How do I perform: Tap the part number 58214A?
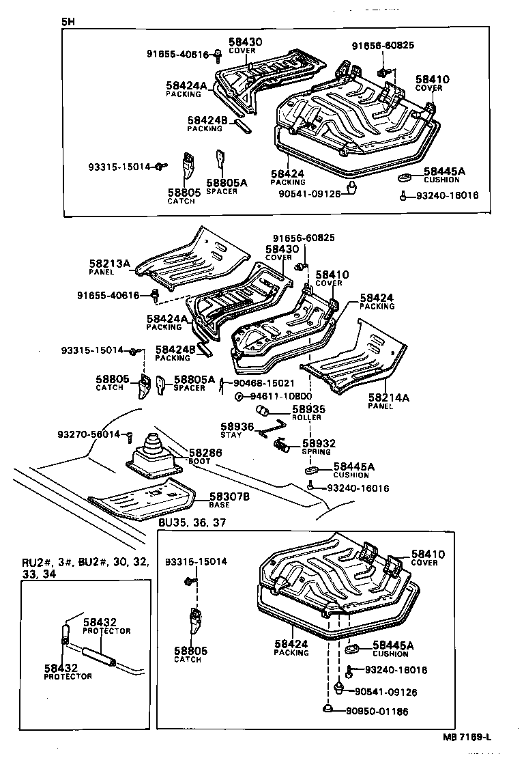click(388, 397)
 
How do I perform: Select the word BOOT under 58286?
click(199, 461)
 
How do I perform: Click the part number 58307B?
click(229, 497)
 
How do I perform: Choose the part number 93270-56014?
click(88, 434)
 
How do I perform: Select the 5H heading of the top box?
click(67, 21)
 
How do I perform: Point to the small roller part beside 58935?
click(262, 410)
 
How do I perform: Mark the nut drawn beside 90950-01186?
click(329, 710)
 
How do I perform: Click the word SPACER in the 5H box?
click(222, 191)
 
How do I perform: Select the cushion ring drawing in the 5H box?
click(404, 179)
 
